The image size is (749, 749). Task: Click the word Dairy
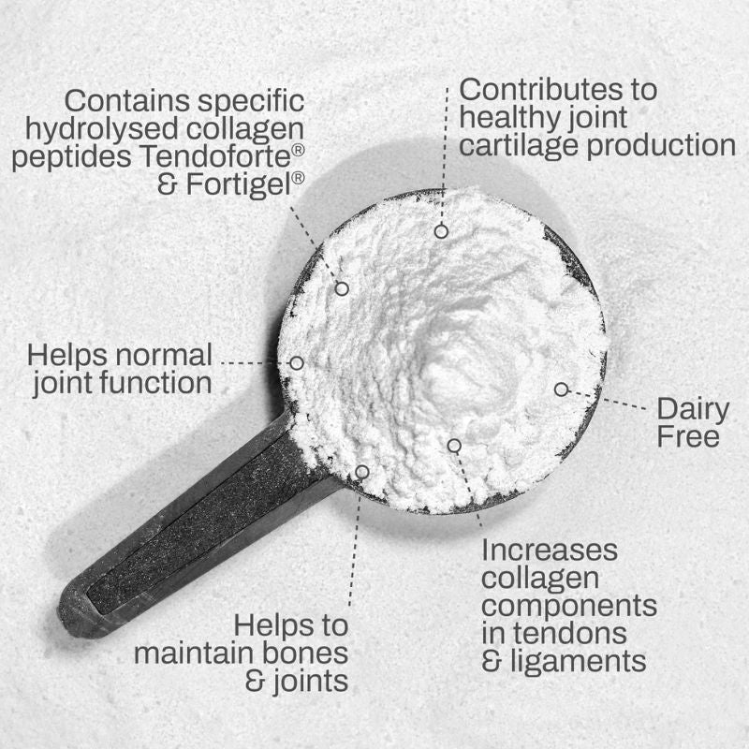click(693, 409)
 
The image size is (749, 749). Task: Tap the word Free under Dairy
click(688, 436)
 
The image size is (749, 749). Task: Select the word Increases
click(550, 549)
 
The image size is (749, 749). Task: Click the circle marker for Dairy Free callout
click(561, 389)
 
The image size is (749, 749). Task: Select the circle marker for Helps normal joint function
click(297, 362)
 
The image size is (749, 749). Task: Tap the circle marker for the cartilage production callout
click(441, 230)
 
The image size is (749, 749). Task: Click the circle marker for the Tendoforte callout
click(342, 289)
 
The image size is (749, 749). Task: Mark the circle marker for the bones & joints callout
click(362, 471)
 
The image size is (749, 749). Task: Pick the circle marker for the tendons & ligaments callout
click(454, 446)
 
